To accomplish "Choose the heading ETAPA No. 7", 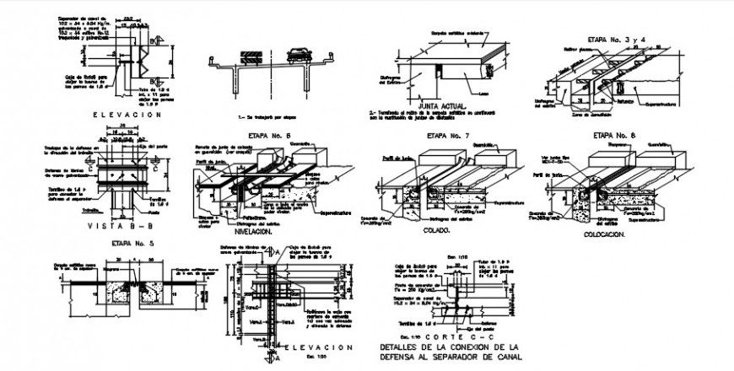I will click(448, 135).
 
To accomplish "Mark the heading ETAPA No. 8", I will click(614, 134).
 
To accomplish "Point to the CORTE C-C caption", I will click(451, 336).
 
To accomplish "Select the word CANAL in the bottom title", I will click(504, 357).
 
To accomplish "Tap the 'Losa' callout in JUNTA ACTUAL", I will click(479, 94).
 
